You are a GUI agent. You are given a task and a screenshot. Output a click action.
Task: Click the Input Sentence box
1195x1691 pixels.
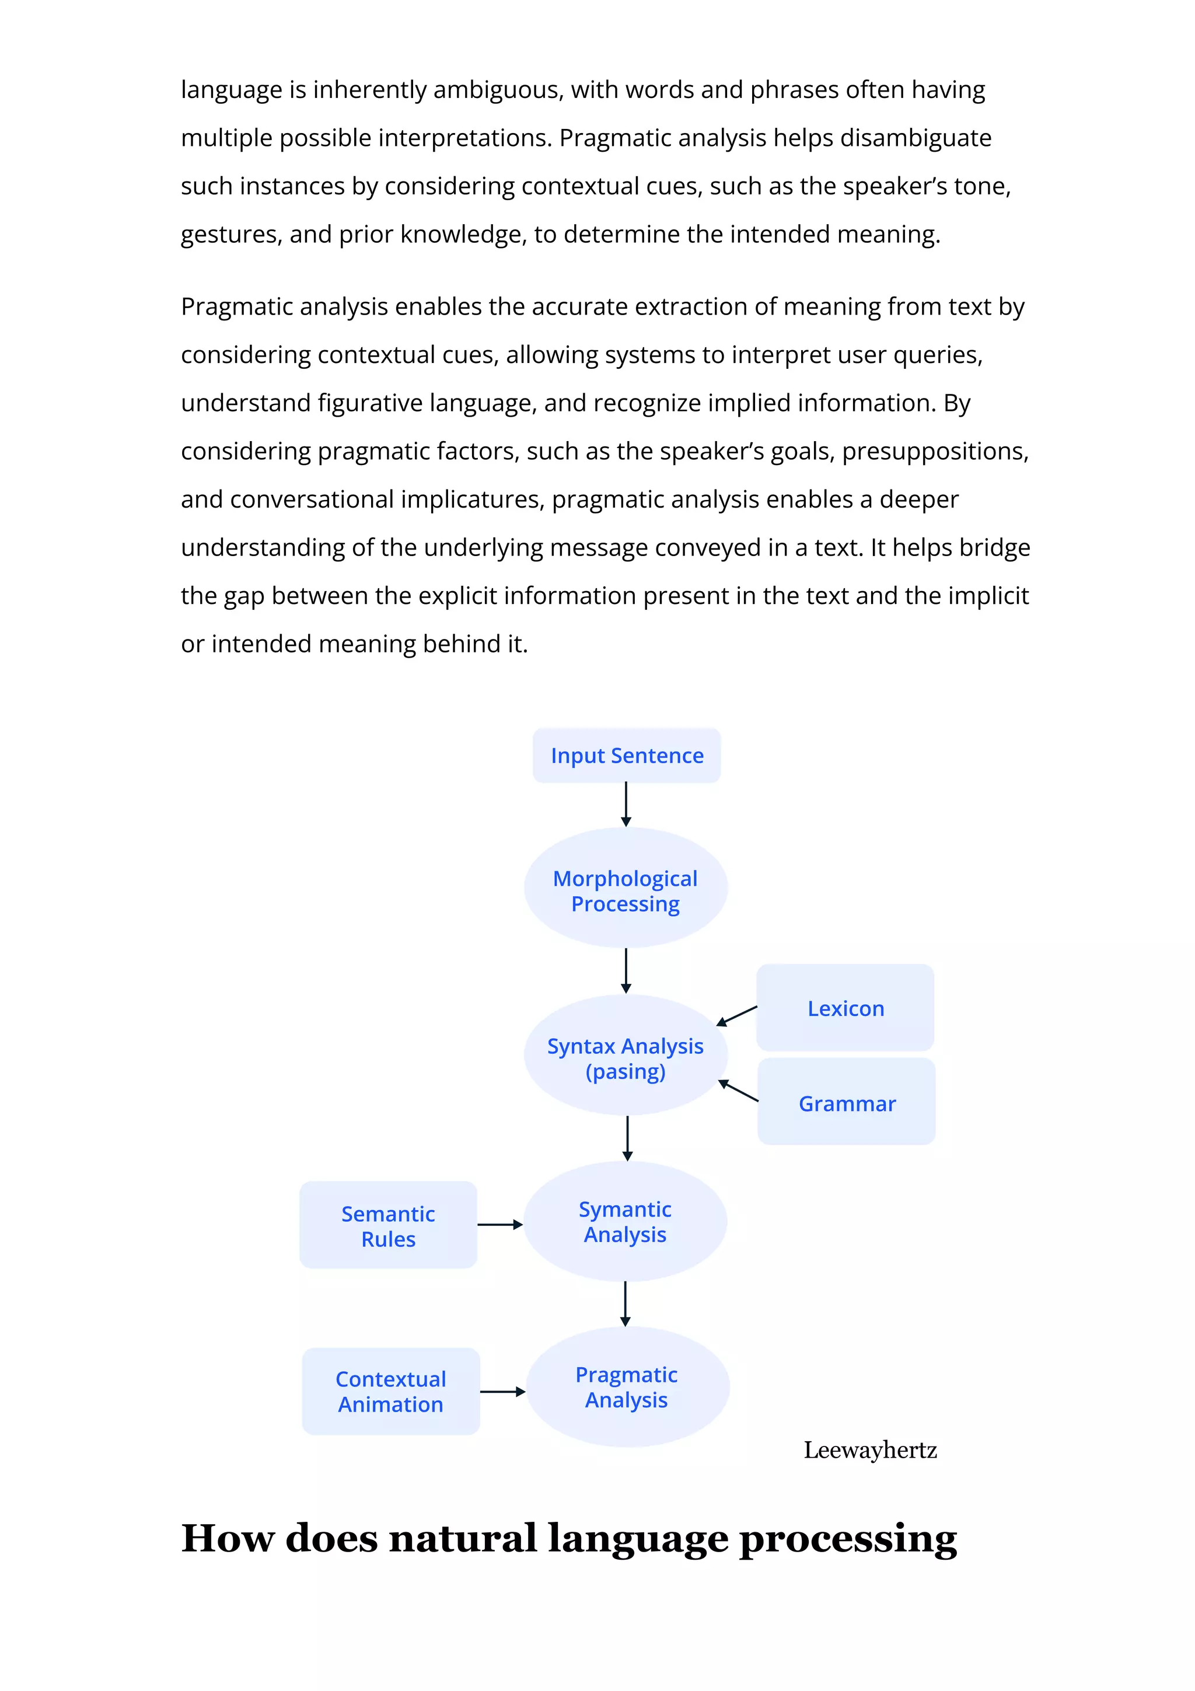(626, 756)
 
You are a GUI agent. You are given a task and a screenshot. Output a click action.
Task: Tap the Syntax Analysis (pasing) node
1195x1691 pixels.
(626, 1058)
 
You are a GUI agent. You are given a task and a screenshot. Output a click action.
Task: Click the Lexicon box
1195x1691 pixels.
(845, 1008)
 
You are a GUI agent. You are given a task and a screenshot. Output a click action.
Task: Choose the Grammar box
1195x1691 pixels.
(847, 1103)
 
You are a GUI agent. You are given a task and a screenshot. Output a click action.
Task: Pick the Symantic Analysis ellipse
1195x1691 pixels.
(625, 1222)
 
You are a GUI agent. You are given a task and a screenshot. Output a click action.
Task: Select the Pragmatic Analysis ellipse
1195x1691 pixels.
(627, 1388)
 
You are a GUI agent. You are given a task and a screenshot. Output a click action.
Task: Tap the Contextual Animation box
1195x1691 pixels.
(391, 1392)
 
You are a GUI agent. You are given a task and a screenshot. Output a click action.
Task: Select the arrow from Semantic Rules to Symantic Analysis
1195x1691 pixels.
(500, 1225)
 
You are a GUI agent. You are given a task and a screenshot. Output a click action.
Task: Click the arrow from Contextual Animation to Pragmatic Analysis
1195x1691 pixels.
(503, 1392)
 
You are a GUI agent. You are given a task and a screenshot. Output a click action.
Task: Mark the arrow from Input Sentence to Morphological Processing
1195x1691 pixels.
(626, 804)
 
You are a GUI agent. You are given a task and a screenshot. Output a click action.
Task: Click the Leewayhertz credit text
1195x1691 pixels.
(869, 1450)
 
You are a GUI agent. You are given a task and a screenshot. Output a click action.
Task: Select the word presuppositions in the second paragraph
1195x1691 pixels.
(934, 452)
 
